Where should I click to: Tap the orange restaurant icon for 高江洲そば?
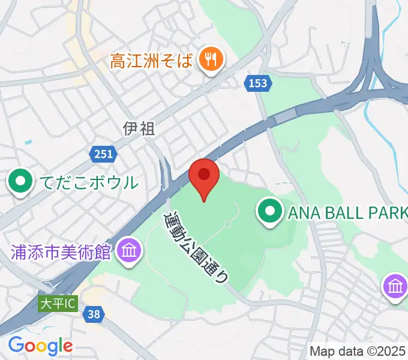click(211, 59)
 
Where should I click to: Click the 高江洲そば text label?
click(152, 61)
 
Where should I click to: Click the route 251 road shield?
click(103, 155)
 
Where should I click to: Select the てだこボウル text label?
click(91, 182)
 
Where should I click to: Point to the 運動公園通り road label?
click(196, 246)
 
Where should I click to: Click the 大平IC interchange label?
click(58, 304)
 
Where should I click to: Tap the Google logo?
click(40, 345)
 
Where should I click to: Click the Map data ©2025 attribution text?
click(358, 350)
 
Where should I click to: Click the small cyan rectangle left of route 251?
click(29, 142)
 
